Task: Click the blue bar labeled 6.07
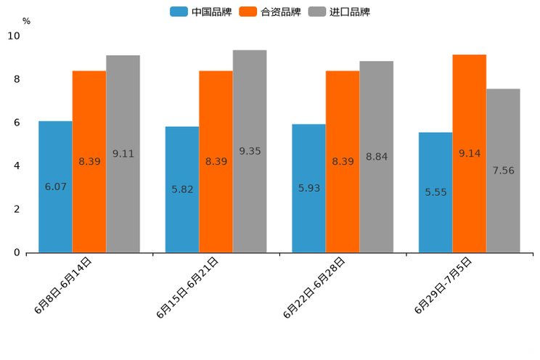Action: [55, 187]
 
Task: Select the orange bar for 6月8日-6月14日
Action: [89, 161]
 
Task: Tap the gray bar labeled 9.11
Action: [123, 154]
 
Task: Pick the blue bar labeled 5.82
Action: [182, 189]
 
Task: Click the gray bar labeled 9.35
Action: [250, 151]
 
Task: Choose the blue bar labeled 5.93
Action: [308, 188]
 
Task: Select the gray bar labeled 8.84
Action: [376, 157]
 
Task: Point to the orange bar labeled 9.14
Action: [469, 153]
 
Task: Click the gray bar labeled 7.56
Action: [503, 171]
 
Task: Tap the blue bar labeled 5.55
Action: [435, 192]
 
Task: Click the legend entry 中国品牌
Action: [201, 12]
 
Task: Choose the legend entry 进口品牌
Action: [339, 12]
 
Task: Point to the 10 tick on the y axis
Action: [14, 36]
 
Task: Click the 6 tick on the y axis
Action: [17, 123]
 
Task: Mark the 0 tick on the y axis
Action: [17, 253]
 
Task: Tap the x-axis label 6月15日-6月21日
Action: [187, 288]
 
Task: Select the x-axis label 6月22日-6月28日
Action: [314, 288]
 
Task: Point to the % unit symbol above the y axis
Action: [26, 21]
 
